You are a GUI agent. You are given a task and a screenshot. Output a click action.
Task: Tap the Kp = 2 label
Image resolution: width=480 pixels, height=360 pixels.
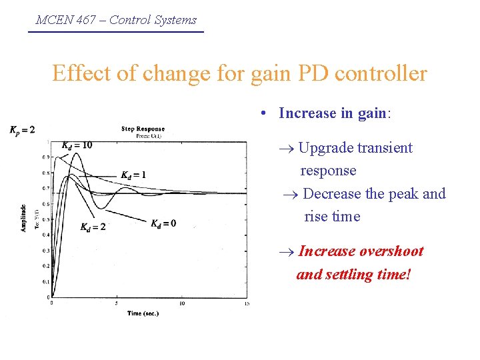22,129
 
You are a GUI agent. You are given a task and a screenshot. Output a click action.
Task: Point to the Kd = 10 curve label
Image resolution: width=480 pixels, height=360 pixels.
77,145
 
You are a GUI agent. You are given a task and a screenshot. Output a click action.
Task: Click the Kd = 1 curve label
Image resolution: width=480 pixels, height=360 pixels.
133,175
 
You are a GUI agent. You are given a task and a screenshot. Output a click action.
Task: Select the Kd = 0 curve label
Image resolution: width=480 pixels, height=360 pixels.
163,223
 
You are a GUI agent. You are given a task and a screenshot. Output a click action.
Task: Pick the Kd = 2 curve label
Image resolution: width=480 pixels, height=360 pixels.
93,227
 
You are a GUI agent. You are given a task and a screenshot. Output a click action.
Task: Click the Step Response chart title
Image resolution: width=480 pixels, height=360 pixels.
143,129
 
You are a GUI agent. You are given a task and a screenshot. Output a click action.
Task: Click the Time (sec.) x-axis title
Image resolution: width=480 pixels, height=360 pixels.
143,313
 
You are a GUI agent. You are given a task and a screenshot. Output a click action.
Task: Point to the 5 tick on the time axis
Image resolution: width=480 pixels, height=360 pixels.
117,303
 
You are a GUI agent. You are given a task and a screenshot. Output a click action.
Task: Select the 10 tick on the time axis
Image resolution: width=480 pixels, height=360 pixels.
182,303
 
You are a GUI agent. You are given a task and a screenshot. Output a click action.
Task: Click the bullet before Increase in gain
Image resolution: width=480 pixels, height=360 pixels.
265,114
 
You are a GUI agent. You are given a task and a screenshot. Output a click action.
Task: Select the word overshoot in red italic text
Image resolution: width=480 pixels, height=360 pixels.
391,251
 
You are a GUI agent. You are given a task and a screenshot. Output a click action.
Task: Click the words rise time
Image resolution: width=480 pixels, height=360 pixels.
332,217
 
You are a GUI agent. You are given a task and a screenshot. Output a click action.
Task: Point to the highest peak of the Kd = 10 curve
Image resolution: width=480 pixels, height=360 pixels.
79,153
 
